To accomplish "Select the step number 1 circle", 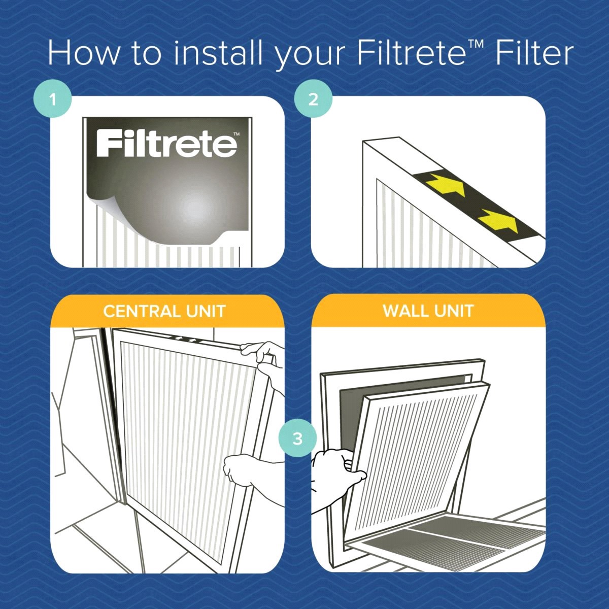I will (53, 99).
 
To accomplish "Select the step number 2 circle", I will (313, 99).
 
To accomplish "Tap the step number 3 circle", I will (297, 438).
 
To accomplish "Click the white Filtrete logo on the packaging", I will (166, 144).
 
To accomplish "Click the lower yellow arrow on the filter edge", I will (498, 219).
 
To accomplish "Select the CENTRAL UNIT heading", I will (164, 311).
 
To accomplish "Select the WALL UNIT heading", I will (428, 311).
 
